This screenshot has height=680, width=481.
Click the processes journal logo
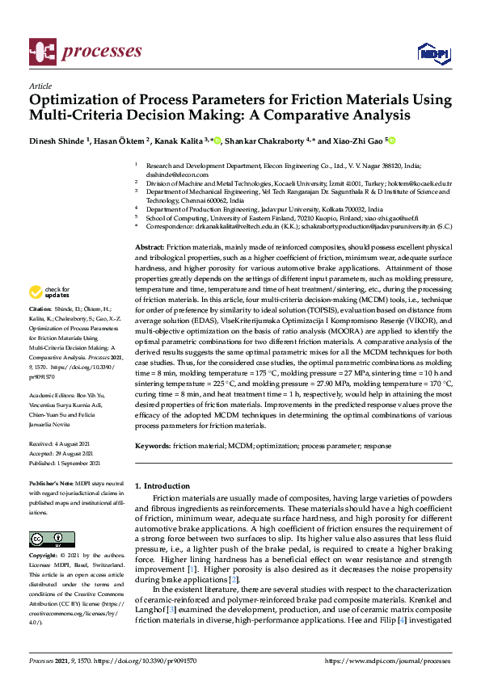[85, 51]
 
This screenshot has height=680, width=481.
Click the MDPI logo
[432, 52]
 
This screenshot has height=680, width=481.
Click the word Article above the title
[40, 86]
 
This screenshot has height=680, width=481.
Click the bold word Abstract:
[150, 246]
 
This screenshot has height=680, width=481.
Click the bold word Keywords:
[154, 446]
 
